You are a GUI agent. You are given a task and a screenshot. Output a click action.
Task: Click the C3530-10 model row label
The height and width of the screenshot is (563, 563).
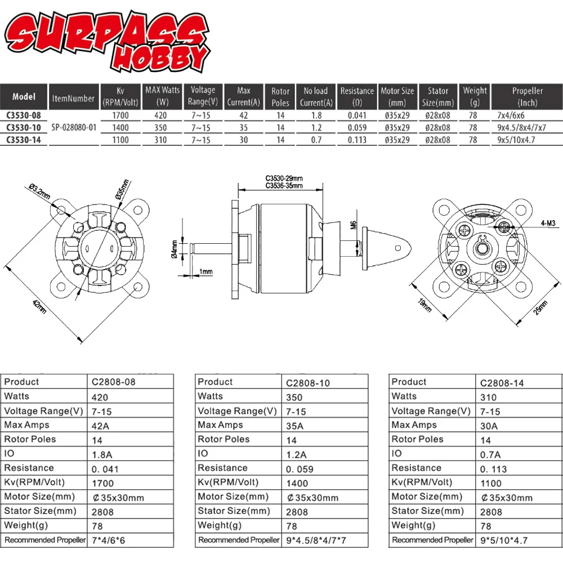(24, 127)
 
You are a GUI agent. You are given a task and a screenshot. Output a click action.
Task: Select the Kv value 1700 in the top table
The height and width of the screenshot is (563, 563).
(120, 115)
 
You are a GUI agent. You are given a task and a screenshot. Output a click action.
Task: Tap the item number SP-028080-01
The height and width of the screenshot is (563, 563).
(74, 127)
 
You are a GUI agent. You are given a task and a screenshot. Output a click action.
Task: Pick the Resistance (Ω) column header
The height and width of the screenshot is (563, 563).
(356, 96)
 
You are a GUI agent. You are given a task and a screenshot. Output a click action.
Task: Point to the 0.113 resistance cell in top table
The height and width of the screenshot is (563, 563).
(356, 140)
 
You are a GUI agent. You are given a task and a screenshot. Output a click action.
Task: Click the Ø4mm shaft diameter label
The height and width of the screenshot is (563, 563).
(175, 248)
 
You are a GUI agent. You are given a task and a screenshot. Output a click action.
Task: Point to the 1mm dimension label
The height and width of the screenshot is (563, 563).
(206, 272)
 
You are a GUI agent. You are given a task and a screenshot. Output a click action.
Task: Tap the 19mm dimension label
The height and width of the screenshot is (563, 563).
(425, 305)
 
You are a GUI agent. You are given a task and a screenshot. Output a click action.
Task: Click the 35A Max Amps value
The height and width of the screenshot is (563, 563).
(295, 426)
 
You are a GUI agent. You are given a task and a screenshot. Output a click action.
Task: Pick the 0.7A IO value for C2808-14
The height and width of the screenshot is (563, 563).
(490, 454)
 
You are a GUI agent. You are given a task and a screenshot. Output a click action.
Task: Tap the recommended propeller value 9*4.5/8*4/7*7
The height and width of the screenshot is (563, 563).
(317, 540)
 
